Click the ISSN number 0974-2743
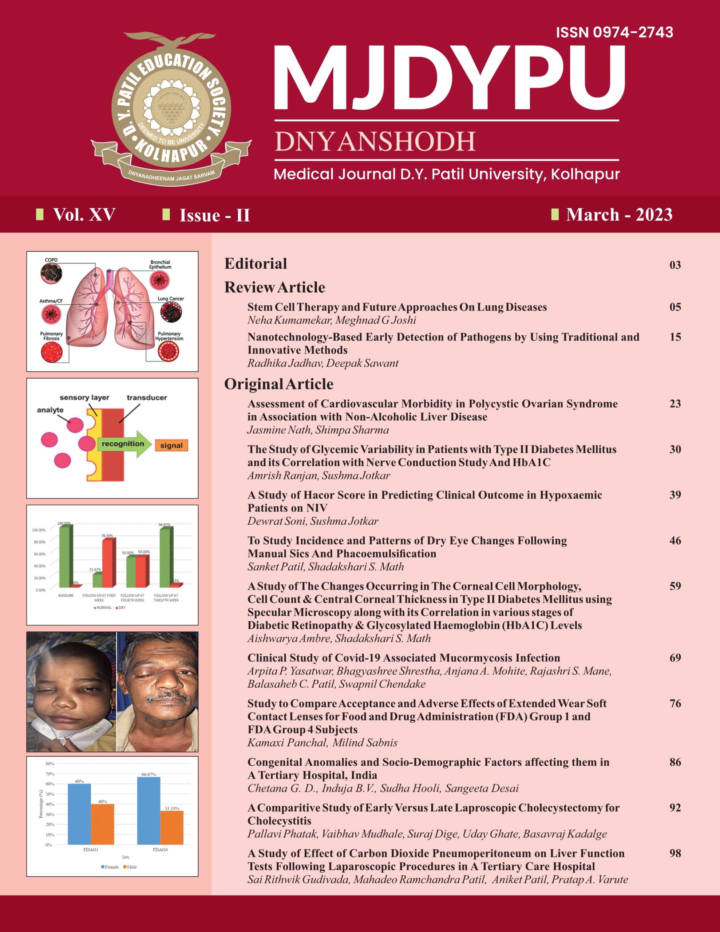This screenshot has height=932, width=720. (x=614, y=32)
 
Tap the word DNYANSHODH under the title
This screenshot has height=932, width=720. (x=375, y=142)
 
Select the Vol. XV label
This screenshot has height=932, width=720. (x=84, y=215)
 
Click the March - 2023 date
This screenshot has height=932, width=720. (x=619, y=215)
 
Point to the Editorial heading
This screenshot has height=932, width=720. (x=256, y=263)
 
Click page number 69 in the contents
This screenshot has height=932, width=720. (x=675, y=657)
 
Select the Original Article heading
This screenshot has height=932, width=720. (x=279, y=384)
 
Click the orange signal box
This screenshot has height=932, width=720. (x=171, y=446)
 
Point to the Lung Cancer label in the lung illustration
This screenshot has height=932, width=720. (x=171, y=299)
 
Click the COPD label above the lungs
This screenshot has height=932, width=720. (x=51, y=260)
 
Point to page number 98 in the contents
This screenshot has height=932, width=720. (x=675, y=853)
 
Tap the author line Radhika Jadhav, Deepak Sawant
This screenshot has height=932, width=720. (x=323, y=363)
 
